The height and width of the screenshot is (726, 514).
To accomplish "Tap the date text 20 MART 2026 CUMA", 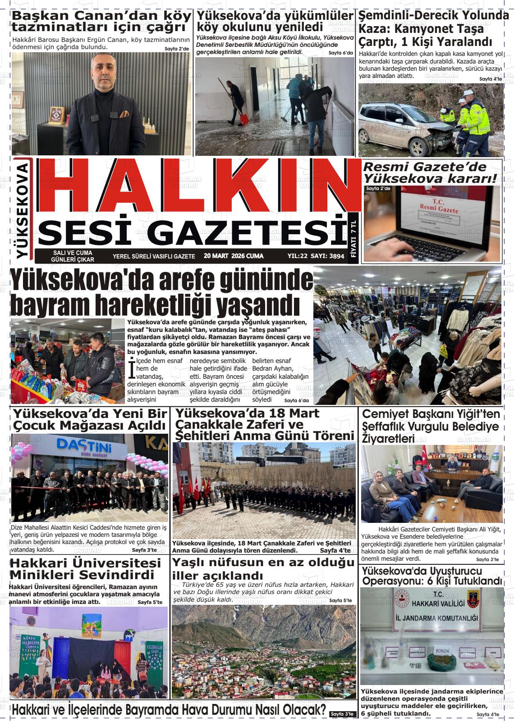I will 234,256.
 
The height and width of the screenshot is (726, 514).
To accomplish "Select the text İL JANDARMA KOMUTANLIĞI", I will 432,618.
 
